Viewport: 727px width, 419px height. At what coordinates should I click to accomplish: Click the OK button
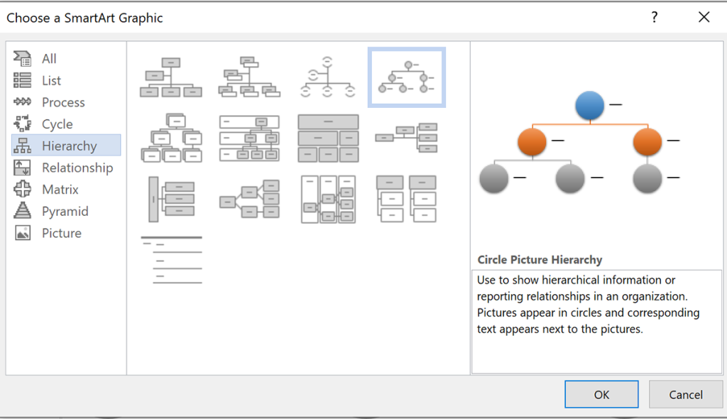tap(601, 395)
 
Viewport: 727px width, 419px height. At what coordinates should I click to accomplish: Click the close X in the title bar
tap(704, 18)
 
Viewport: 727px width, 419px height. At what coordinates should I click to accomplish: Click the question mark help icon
tap(654, 18)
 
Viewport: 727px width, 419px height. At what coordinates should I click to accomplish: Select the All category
tap(49, 59)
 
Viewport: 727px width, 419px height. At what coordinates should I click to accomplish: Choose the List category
tap(51, 81)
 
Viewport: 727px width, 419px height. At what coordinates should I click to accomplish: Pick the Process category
tap(63, 102)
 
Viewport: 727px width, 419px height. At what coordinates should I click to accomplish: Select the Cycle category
tap(57, 124)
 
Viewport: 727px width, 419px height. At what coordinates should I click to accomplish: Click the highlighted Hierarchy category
tap(69, 146)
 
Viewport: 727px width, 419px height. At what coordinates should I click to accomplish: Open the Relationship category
tap(77, 168)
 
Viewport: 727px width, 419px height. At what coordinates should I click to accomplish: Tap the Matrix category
tap(60, 190)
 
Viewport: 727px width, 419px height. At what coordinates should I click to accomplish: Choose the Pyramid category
tap(65, 212)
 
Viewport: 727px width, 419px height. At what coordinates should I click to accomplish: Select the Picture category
tap(61, 234)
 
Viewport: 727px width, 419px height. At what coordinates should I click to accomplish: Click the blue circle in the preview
tap(589, 105)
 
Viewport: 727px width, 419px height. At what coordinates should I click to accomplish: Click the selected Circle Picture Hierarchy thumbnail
tap(406, 77)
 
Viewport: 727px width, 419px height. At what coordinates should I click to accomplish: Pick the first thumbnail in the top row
tap(170, 77)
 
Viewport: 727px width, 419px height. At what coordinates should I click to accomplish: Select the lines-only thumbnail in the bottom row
tap(170, 260)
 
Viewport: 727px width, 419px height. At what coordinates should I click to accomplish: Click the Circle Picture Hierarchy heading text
tap(540, 260)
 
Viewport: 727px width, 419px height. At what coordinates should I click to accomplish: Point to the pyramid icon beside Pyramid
tap(23, 212)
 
